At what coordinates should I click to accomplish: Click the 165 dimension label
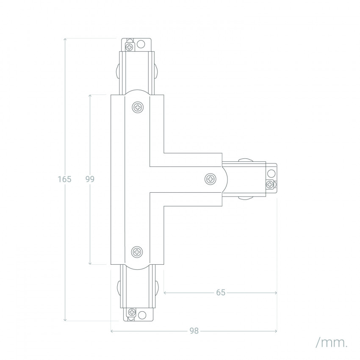64,179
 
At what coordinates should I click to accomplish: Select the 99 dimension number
89,179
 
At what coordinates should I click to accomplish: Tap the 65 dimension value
220,292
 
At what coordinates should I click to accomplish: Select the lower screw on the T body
137,252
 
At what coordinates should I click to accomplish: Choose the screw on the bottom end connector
132,314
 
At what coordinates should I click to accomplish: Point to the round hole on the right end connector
270,172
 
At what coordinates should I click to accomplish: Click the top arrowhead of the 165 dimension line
65,39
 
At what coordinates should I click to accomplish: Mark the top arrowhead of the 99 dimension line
90,96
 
